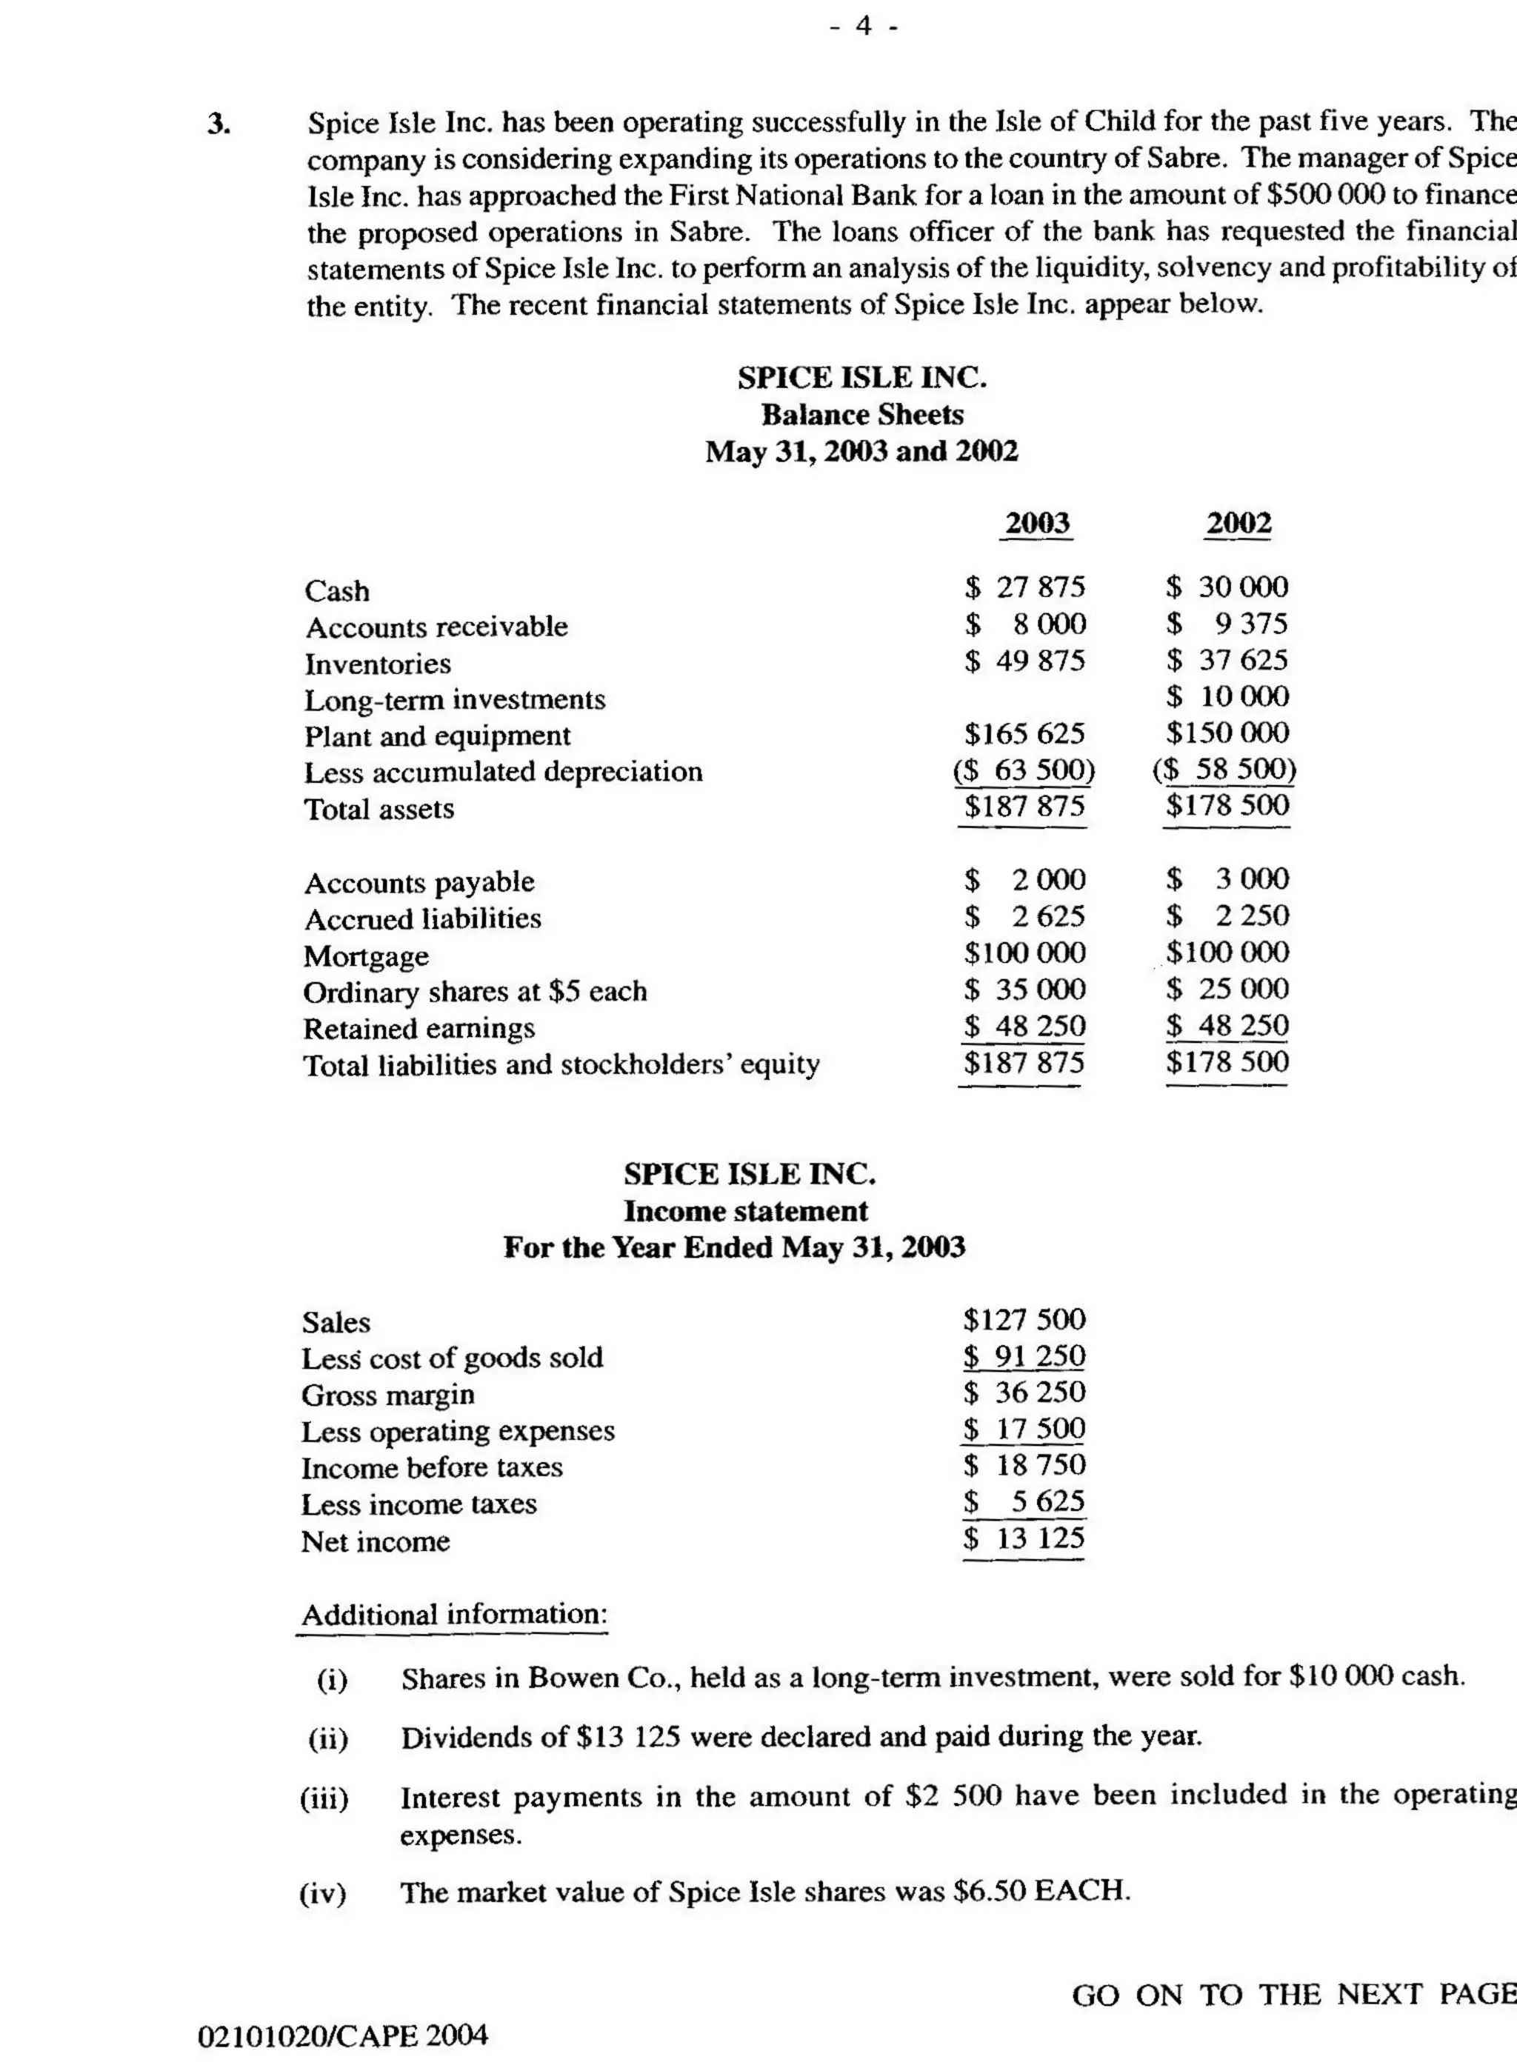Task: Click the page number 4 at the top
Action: coord(863,27)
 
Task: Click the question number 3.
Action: coord(218,123)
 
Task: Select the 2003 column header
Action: coord(1038,524)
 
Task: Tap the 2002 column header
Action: coord(1238,524)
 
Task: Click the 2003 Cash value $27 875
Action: coord(1025,587)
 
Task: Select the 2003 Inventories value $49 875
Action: coord(1025,660)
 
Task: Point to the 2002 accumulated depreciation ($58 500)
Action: coord(1224,769)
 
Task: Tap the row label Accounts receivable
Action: coord(436,627)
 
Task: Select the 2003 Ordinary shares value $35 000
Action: coord(1025,989)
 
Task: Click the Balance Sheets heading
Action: coord(862,415)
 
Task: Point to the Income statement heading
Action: coord(746,1211)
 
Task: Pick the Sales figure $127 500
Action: coord(1025,1320)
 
